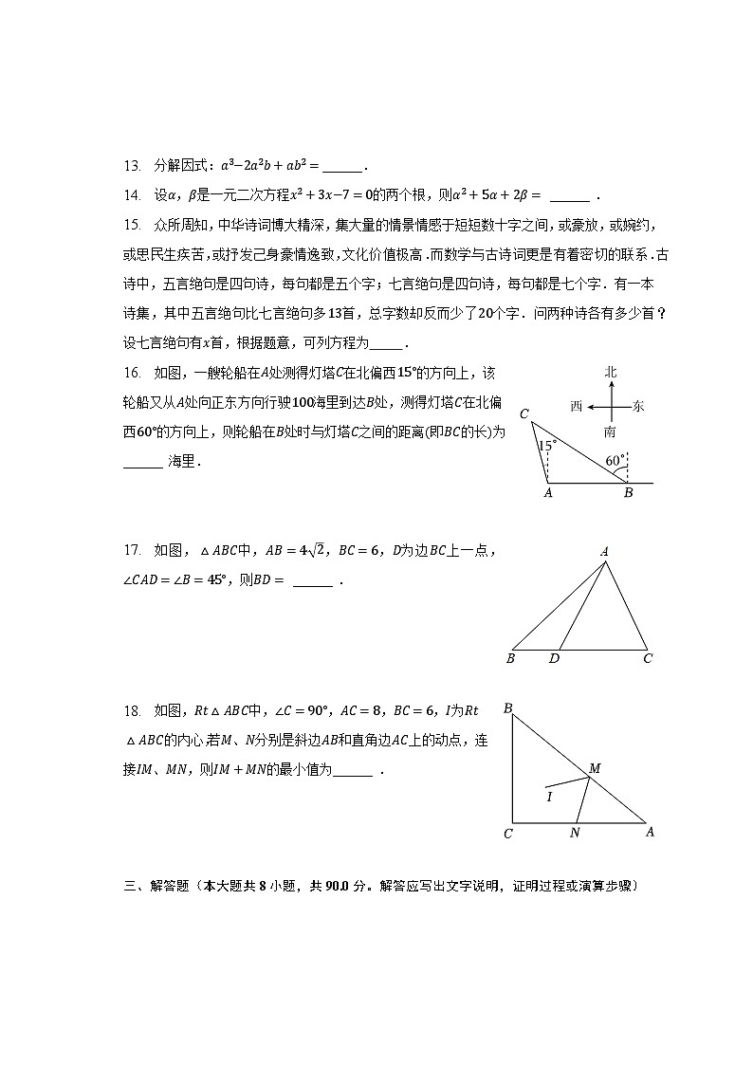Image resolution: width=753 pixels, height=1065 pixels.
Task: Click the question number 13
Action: click(x=132, y=166)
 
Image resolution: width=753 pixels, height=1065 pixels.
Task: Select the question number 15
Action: click(x=132, y=226)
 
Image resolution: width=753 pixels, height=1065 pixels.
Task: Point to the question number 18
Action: click(x=132, y=710)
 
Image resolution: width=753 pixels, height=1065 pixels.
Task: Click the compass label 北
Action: click(x=612, y=373)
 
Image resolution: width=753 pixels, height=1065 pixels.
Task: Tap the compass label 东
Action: click(x=638, y=406)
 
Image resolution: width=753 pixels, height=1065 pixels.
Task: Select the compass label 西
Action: click(x=577, y=406)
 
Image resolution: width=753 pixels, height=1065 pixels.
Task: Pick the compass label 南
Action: click(x=610, y=432)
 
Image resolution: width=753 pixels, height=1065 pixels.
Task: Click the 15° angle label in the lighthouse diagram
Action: click(x=547, y=445)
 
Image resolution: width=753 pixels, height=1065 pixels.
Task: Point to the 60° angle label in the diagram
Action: click(x=615, y=461)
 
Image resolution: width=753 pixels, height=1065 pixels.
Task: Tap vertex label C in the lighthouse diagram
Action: click(x=524, y=413)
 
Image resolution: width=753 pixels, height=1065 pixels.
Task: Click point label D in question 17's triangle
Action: click(x=554, y=658)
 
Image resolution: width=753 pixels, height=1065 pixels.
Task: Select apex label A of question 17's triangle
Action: click(x=604, y=552)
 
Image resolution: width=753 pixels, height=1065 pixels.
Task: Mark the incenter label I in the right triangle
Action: click(x=549, y=797)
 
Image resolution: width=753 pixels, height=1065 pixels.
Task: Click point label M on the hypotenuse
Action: click(x=595, y=767)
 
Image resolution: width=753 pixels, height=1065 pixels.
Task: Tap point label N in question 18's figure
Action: click(x=575, y=834)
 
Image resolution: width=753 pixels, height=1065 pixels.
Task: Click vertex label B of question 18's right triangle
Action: click(x=508, y=708)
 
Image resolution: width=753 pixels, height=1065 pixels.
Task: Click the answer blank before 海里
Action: click(x=143, y=463)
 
